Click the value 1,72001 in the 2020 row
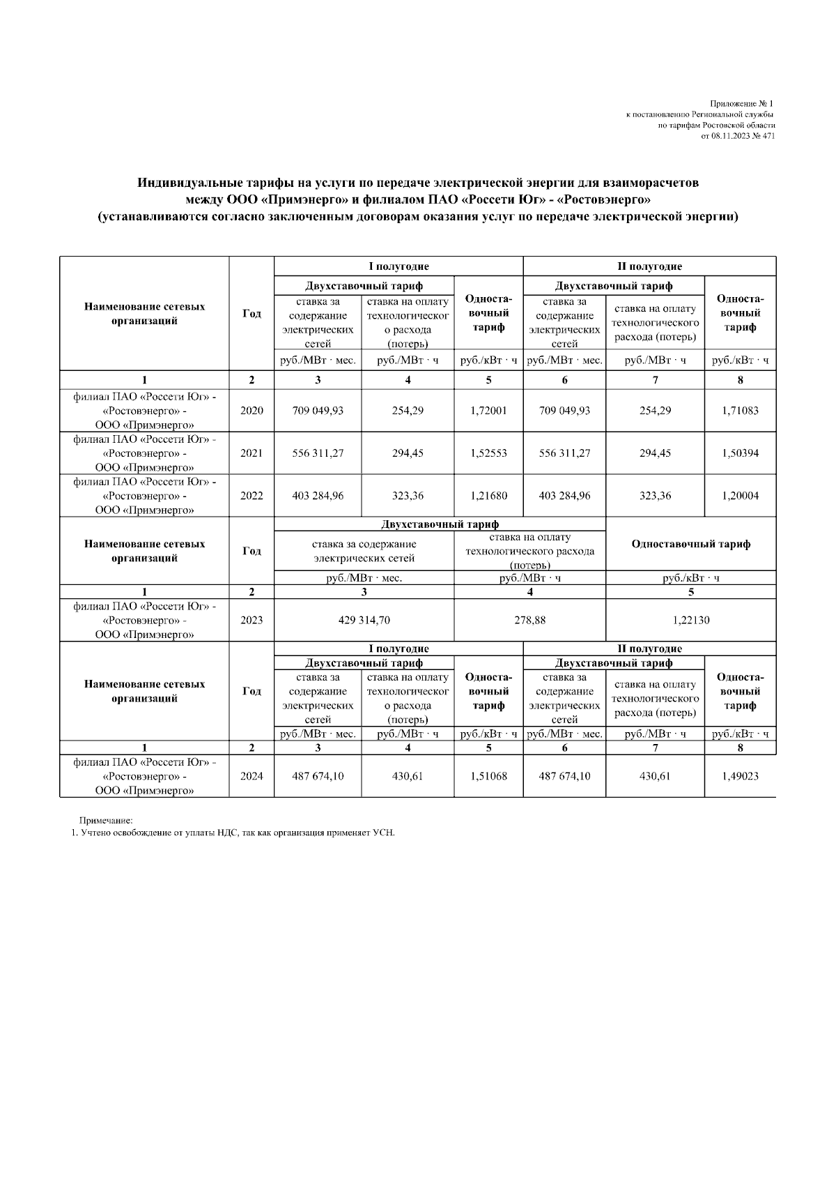[x=488, y=411]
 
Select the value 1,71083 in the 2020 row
[x=740, y=411]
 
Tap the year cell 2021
[x=251, y=453]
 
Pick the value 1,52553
[x=488, y=453]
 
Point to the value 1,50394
[x=740, y=453]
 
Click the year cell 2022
[x=251, y=496]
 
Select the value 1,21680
[x=488, y=496]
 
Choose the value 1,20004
[x=740, y=496]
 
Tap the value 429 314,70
[x=364, y=620]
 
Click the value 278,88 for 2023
[x=529, y=620]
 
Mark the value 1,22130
[x=690, y=620]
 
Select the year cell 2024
[x=251, y=776]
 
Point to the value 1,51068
[x=488, y=776]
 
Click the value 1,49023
[x=740, y=776]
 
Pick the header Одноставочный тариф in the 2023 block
[x=690, y=545]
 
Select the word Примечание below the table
[x=105, y=821]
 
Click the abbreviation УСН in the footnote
[x=384, y=833]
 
